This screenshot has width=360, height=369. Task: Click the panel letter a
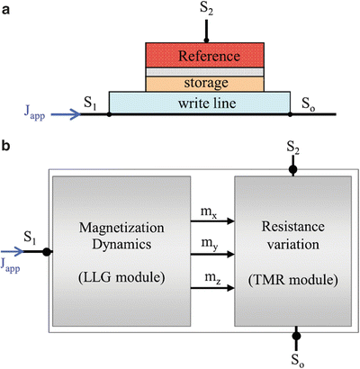coord(7,8)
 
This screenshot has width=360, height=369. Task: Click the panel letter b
coord(7,147)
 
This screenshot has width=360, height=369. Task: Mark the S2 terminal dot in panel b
coord(292,167)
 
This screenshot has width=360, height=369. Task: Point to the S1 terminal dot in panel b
coord(46,252)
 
